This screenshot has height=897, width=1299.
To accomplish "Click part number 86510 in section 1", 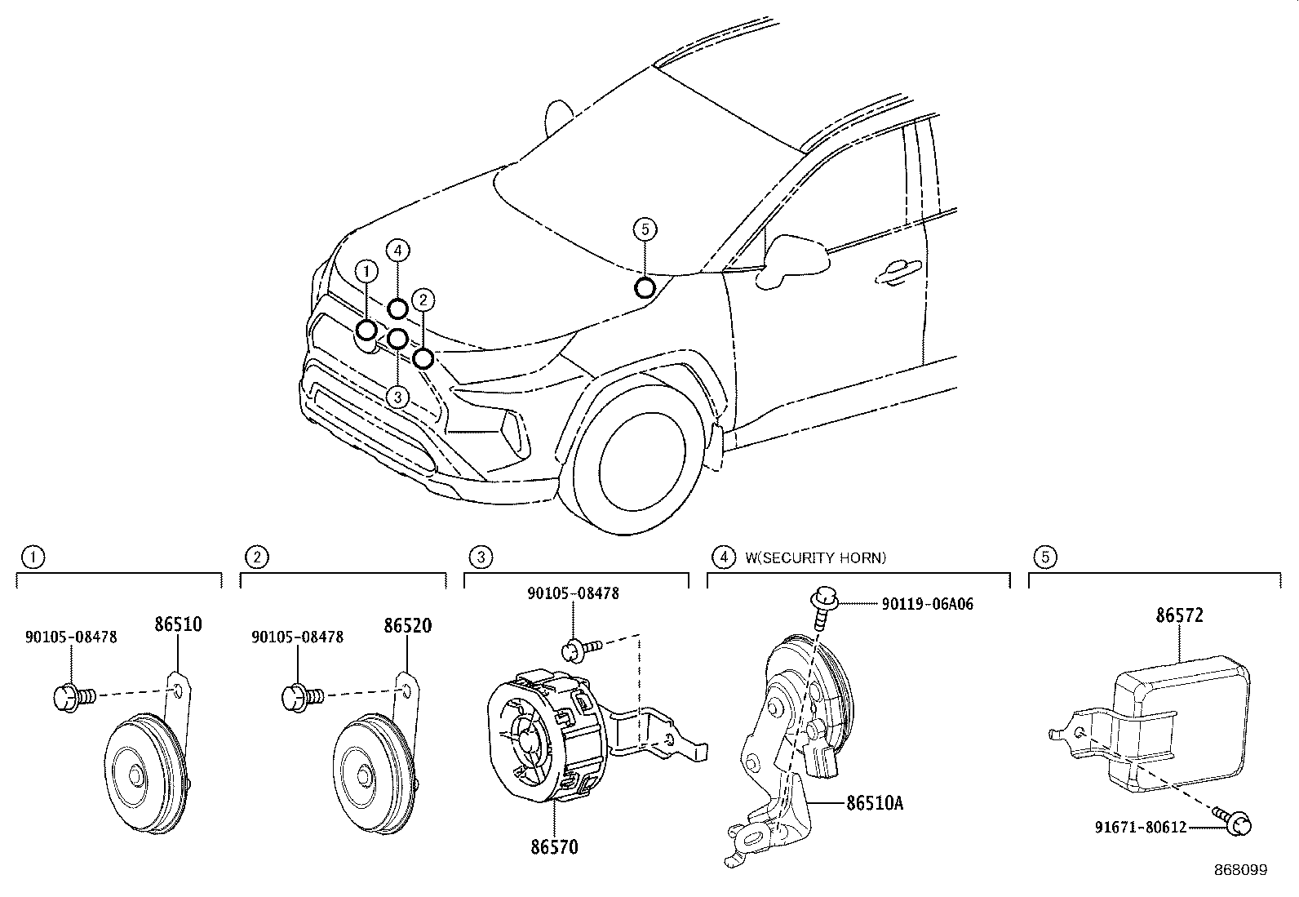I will tap(178, 625).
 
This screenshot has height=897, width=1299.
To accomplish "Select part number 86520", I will tap(407, 626).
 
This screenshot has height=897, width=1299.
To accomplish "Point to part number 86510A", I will tap(873, 803).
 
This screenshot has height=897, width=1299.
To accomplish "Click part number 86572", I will tap(1179, 615).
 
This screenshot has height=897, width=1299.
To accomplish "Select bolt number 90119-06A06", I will tap(927, 604).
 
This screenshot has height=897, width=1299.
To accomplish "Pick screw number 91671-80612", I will tap(1141, 828).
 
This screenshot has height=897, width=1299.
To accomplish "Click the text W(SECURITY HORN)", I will tap(815, 558).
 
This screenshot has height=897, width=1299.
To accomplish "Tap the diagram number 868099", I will tap(1239, 870).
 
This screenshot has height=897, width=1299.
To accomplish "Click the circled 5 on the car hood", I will tap(645, 229).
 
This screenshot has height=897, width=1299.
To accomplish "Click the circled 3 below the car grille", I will tap(397, 397).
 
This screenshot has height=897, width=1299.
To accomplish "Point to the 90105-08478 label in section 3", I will tap(573, 593).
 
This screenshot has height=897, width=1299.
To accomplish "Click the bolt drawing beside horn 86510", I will tap(73, 696).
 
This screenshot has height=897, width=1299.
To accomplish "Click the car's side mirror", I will tap(793, 260).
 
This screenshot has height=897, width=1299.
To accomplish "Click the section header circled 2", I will tap(257, 558).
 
